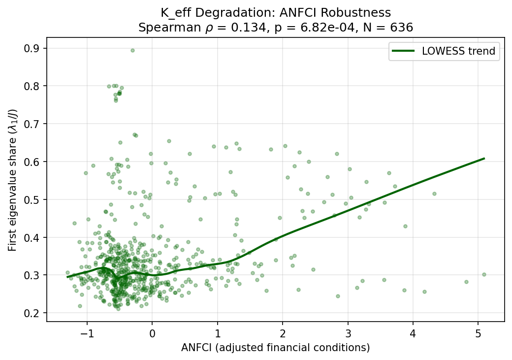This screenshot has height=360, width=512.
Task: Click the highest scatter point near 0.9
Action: tap(132, 50)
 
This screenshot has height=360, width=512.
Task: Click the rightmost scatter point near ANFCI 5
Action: tap(484, 274)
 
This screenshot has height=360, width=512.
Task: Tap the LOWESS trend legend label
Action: tap(458, 52)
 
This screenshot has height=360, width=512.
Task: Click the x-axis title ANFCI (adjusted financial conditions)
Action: tap(275, 348)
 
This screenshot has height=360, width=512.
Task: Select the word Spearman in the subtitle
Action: tap(161, 28)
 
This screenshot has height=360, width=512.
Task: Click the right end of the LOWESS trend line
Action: tap(484, 159)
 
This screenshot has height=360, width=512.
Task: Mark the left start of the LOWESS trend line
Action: tap(67, 277)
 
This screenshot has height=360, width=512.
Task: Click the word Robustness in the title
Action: tap(358, 13)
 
